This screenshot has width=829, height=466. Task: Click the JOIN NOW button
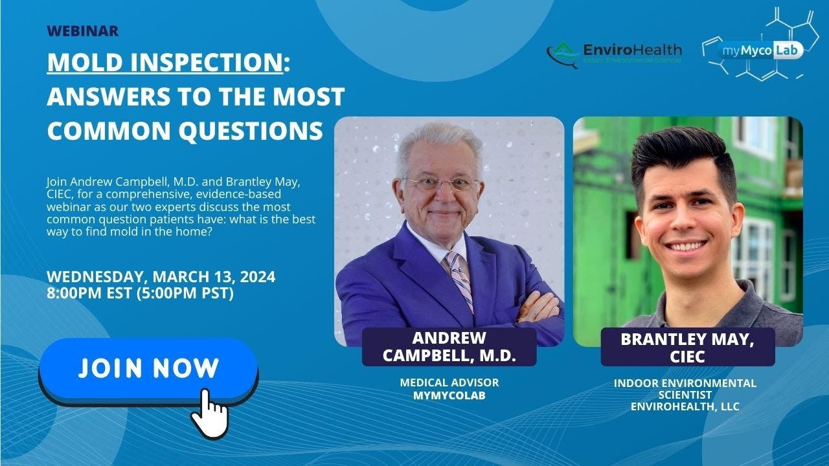coord(148,369)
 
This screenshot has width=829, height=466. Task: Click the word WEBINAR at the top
coord(82,31)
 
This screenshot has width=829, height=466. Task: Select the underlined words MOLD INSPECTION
coord(165,63)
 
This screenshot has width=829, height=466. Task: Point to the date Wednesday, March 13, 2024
coord(161,277)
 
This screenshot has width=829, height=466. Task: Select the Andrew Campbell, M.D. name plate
coord(449,347)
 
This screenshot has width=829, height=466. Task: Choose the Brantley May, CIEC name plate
coord(687,347)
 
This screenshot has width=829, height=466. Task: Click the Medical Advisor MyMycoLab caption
coord(449,389)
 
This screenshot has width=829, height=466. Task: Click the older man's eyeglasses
coord(440,184)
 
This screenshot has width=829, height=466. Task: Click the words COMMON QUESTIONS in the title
coord(185,131)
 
